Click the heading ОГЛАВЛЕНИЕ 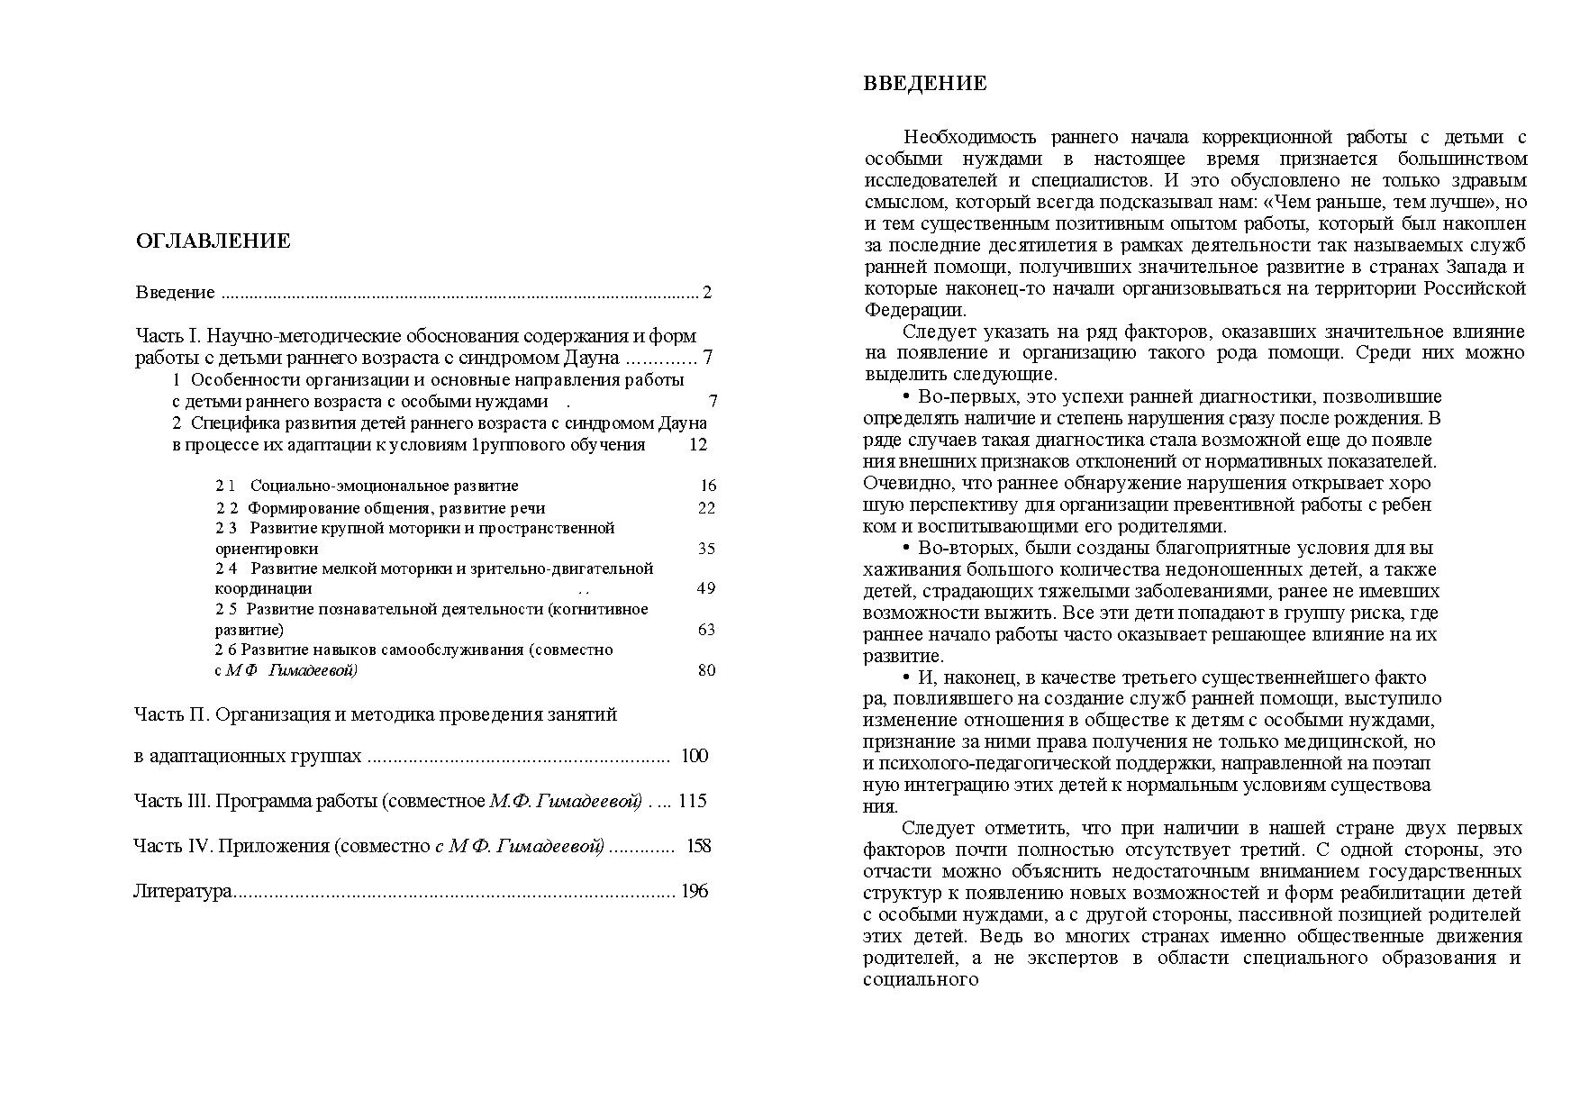pyautogui.click(x=213, y=241)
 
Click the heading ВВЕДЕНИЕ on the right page pyautogui.click(x=925, y=85)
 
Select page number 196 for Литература pyautogui.click(x=695, y=892)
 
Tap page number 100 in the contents pyautogui.click(x=695, y=756)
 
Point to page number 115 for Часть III pyautogui.click(x=693, y=801)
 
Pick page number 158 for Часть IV pyautogui.click(x=698, y=846)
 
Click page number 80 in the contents pyautogui.click(x=706, y=670)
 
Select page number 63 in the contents pyautogui.click(x=706, y=630)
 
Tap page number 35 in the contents pyautogui.click(x=706, y=549)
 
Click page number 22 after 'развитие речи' pyautogui.click(x=706, y=508)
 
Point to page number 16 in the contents pyautogui.click(x=708, y=486)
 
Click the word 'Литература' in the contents pyautogui.click(x=183, y=892)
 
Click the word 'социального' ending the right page pyautogui.click(x=921, y=980)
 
